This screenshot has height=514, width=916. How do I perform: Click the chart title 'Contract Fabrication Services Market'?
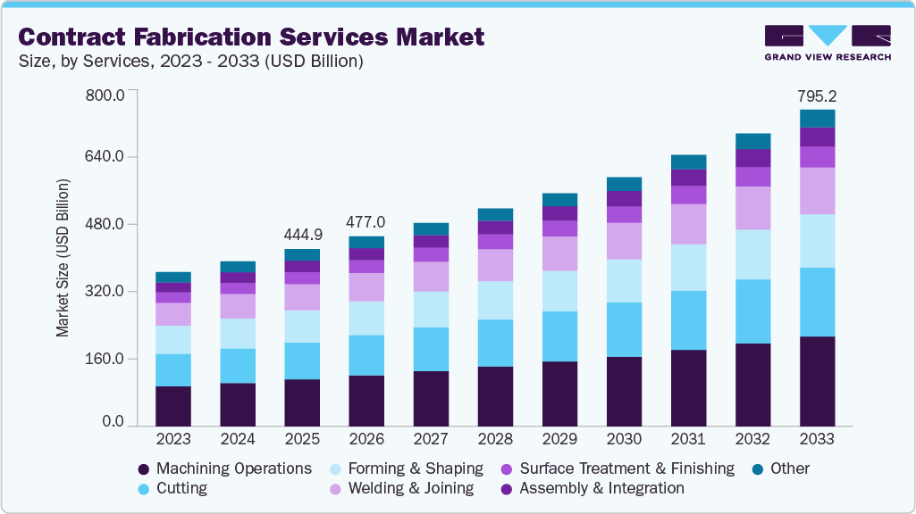pyautogui.click(x=251, y=37)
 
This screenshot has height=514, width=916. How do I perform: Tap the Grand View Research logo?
pyautogui.click(x=827, y=42)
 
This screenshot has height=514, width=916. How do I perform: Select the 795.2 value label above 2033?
pyautogui.click(x=817, y=95)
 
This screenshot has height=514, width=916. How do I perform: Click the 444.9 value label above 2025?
pyautogui.click(x=302, y=235)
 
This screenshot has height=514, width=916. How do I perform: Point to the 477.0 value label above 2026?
pyautogui.click(x=366, y=222)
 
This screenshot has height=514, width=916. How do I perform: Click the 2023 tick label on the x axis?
pyautogui.click(x=172, y=439)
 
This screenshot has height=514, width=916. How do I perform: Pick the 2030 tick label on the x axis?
pyautogui.click(x=624, y=439)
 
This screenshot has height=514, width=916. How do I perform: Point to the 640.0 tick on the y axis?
pyautogui.click(x=105, y=157)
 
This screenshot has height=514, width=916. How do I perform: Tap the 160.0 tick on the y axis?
pyautogui.click(x=105, y=360)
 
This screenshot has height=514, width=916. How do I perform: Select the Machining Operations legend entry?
pyautogui.click(x=225, y=468)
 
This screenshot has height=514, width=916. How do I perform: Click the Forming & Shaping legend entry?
pyautogui.click(x=407, y=468)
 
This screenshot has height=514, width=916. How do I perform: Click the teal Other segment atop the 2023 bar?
pyautogui.click(x=172, y=277)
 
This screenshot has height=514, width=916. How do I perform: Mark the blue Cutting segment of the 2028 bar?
pyautogui.click(x=495, y=343)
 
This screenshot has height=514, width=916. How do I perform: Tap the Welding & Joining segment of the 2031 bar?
pyautogui.click(x=688, y=224)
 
